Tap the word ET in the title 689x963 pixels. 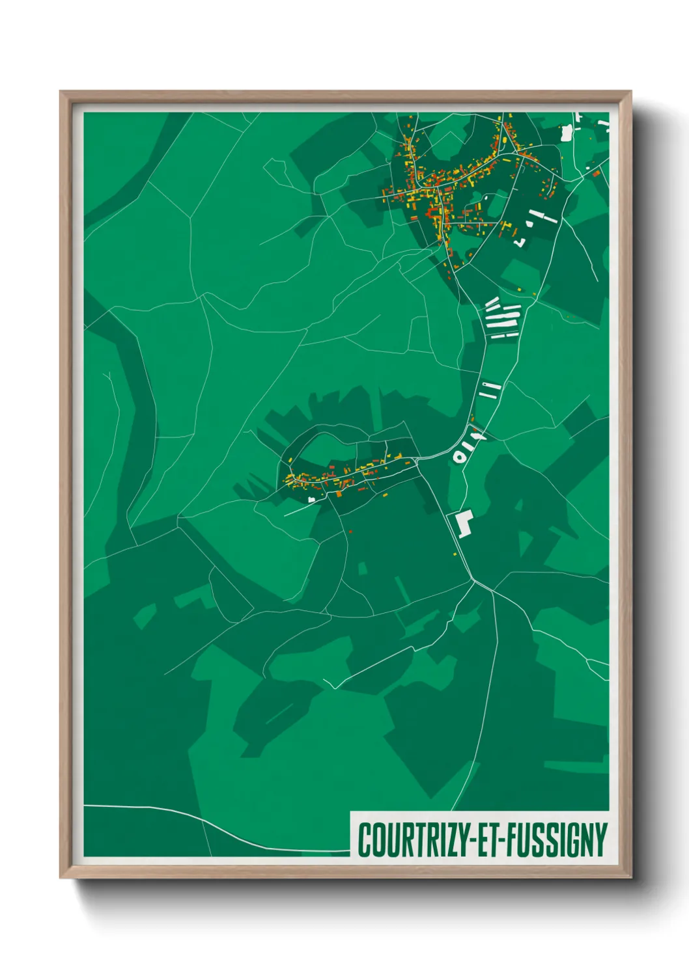coord(490,840)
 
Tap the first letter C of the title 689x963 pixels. coord(364,840)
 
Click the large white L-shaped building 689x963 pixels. coord(464,522)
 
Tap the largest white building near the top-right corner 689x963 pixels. coord(566,133)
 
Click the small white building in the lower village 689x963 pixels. coord(311,499)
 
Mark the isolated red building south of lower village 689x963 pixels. coord(350,532)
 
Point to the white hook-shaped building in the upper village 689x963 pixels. coord(520,242)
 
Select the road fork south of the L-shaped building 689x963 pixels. coord(475,580)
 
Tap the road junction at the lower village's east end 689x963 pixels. coord(417,459)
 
